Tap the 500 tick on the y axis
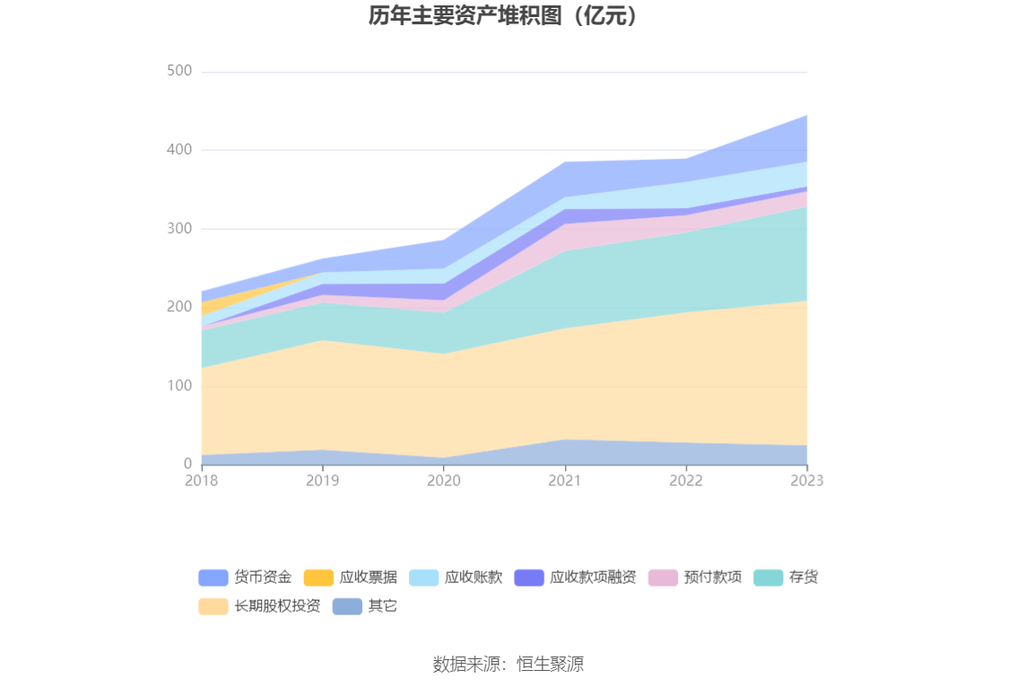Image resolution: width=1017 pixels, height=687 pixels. point(179,71)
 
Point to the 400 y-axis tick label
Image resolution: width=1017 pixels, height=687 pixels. point(179,150)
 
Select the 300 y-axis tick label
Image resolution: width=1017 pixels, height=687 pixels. point(179,229)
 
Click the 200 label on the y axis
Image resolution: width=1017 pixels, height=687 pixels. point(179,307)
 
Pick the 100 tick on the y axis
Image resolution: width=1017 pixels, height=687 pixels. point(179,386)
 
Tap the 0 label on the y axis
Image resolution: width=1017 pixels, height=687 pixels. point(187,464)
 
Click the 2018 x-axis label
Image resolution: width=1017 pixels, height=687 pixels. point(202,482)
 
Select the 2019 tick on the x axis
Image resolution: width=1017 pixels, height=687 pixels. point(323,482)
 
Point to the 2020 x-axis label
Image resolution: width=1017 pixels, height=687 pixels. point(444,482)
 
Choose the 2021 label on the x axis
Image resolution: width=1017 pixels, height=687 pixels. point(565,482)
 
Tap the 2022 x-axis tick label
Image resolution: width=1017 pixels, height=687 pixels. point(686,482)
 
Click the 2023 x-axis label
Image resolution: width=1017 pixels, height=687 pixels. point(806,482)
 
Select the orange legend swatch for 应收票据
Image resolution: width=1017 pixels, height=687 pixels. point(318,578)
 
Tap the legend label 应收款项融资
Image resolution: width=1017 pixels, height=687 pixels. point(593,578)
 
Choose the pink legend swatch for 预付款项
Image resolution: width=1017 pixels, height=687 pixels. point(663,578)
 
